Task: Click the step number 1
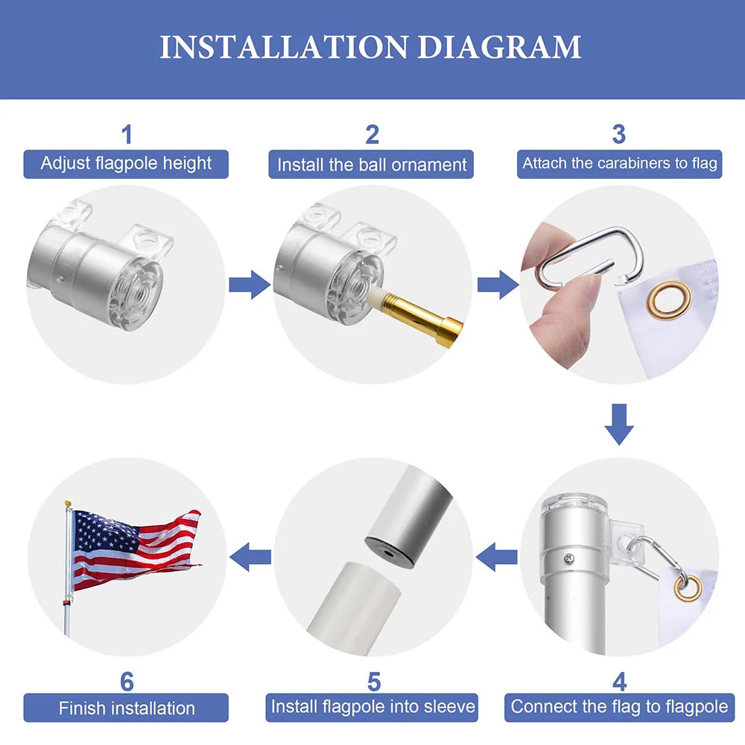click(127, 135)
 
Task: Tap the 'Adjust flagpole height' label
click(126, 163)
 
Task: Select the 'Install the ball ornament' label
click(372, 164)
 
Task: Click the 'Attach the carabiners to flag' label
click(619, 163)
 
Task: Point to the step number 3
click(618, 135)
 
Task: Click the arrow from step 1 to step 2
click(250, 285)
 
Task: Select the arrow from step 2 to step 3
click(497, 285)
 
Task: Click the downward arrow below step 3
click(618, 424)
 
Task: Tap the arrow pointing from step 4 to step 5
click(497, 556)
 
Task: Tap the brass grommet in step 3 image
click(668, 297)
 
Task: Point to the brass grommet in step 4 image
click(688, 587)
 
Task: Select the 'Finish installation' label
click(126, 707)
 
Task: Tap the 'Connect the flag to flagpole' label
click(619, 706)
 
